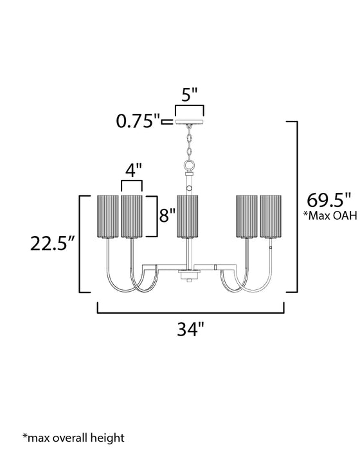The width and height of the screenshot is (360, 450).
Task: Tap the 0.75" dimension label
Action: [139, 120]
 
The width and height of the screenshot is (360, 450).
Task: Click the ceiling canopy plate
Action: [190, 122]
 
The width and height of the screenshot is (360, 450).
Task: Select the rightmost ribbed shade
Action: [270, 215]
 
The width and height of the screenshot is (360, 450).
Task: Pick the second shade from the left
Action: [131, 215]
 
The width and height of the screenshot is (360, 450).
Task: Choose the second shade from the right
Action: [247, 215]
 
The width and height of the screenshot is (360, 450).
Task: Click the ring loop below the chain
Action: [190, 165]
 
